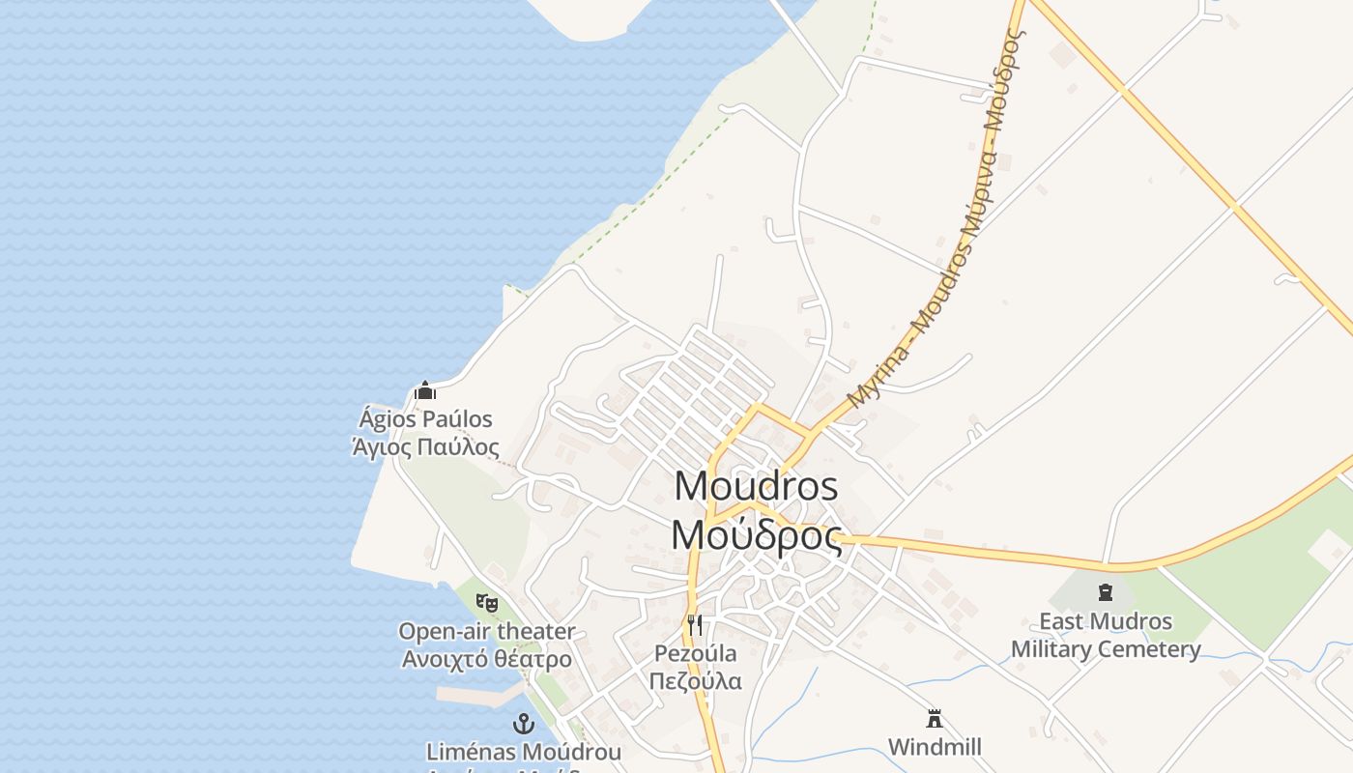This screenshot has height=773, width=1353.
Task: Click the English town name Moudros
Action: coord(756,485)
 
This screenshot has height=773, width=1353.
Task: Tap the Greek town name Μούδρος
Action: coord(756,534)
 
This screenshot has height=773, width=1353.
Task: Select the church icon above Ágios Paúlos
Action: coord(425,391)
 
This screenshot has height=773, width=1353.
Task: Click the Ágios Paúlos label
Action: coord(425,419)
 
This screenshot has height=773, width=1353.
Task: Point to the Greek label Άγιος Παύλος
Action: coord(425,447)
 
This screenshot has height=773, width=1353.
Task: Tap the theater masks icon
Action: coord(487,603)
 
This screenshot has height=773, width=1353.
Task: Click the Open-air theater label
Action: coord(487,632)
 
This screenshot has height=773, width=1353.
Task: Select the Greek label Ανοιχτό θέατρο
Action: coord(487,660)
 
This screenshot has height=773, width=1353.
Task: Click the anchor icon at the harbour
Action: coord(523,724)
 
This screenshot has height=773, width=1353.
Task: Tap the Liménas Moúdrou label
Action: coord(523,752)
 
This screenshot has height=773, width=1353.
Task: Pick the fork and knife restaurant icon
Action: coord(695,624)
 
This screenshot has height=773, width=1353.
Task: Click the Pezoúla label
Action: coord(695,653)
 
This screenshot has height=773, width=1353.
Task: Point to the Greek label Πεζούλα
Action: coord(695,681)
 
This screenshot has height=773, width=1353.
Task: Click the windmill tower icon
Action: coord(935,719)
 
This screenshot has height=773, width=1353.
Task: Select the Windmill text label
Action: coord(935,747)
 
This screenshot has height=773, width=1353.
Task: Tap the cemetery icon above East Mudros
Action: coord(1106,592)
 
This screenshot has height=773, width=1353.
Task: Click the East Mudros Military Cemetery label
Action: coord(1106,635)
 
